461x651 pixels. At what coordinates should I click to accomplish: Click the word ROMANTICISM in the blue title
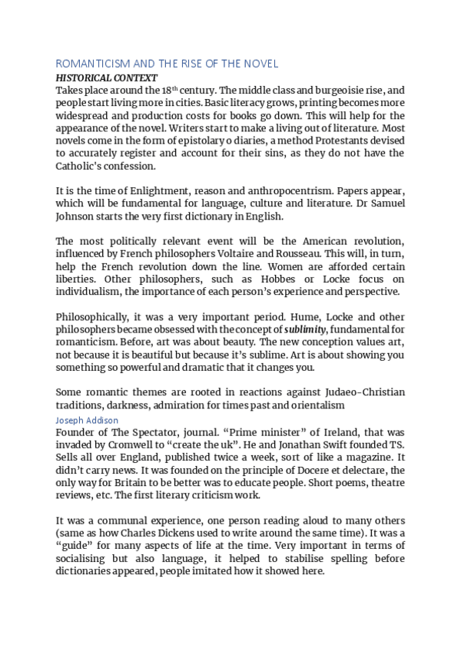(x=88, y=64)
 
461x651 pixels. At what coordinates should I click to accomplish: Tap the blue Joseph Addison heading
(x=87, y=420)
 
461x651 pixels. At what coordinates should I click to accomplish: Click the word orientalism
(x=317, y=405)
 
